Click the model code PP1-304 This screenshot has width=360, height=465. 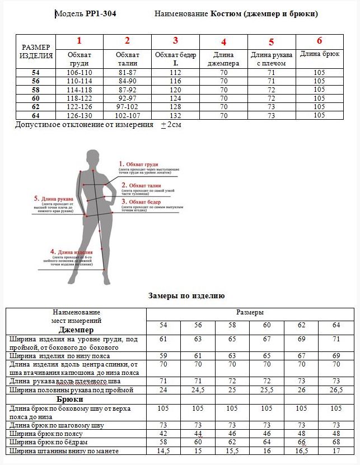click(x=101, y=14)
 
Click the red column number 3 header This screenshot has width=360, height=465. click(x=175, y=40)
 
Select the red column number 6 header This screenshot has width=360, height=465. click(x=320, y=40)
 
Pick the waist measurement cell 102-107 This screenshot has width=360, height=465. click(x=127, y=115)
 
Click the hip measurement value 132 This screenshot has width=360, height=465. click(x=175, y=115)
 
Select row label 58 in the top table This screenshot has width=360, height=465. click(x=36, y=90)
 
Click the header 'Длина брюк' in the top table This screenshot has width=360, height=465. click(x=320, y=54)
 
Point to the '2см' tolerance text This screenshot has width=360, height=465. click(x=174, y=125)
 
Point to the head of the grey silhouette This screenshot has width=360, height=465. click(x=91, y=157)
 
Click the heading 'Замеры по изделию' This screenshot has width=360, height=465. click(x=186, y=295)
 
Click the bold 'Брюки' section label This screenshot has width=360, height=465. click(x=70, y=400)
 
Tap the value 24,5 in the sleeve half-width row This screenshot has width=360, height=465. click(x=198, y=390)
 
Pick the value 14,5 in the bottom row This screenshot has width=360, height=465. click(x=163, y=451)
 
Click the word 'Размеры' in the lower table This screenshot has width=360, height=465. click(x=250, y=312)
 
